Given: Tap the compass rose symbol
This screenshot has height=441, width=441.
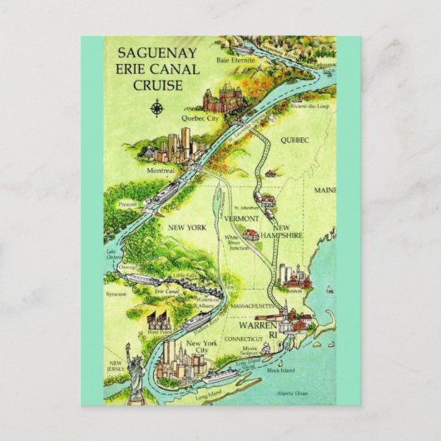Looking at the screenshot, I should [156, 107].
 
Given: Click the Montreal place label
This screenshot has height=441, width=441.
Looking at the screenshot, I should [161, 170].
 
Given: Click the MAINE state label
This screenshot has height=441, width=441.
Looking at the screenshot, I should [325, 191].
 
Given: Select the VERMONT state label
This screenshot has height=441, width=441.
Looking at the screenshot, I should [242, 217].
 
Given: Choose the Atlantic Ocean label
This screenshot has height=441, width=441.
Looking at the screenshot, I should [293, 391].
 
